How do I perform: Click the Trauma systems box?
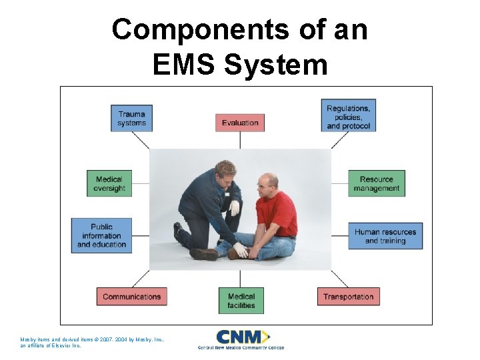[x=131, y=117]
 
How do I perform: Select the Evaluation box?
[x=240, y=123]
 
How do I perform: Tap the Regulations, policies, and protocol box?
[x=349, y=117]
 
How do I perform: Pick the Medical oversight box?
[x=109, y=183]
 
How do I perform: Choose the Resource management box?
[x=377, y=183]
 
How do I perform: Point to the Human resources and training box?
[x=385, y=236]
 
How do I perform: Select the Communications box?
[x=131, y=297]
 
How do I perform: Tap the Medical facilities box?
[x=241, y=301]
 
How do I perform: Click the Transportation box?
[x=349, y=297]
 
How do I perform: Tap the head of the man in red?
[x=269, y=181]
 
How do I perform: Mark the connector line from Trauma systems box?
[x=141, y=140]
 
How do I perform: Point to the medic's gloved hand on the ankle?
[x=240, y=250]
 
